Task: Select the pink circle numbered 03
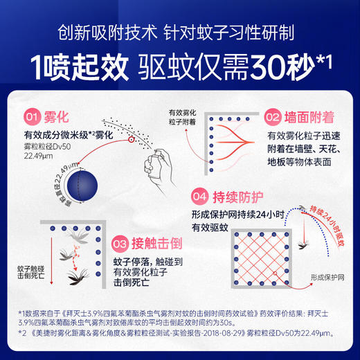click(120, 244)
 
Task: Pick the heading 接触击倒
click(153, 244)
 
